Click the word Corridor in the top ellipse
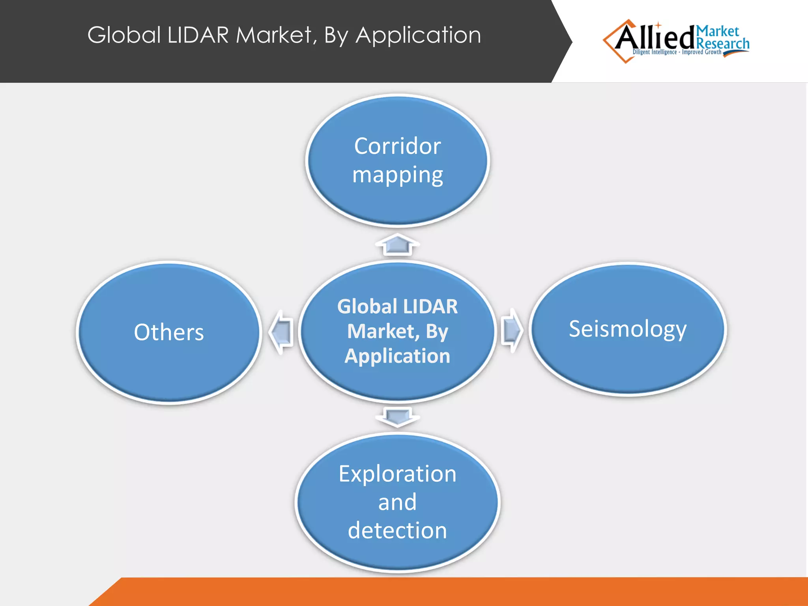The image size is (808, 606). coord(397,146)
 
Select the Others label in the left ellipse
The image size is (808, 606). coord(169,332)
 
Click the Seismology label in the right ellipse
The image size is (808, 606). coord(627,329)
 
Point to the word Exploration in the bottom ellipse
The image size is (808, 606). coord(397,474)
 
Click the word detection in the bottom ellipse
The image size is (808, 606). coord(397,531)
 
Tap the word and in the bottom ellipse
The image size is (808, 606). coord(397,502)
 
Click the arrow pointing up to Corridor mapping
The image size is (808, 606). coord(397,245)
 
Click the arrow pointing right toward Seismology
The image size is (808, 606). coord(512,330)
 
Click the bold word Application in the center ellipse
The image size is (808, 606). coord(397,356)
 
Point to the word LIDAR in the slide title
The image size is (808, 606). coord(198,35)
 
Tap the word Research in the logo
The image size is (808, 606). coord(723,44)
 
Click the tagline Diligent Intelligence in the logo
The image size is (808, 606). coord(655,52)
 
